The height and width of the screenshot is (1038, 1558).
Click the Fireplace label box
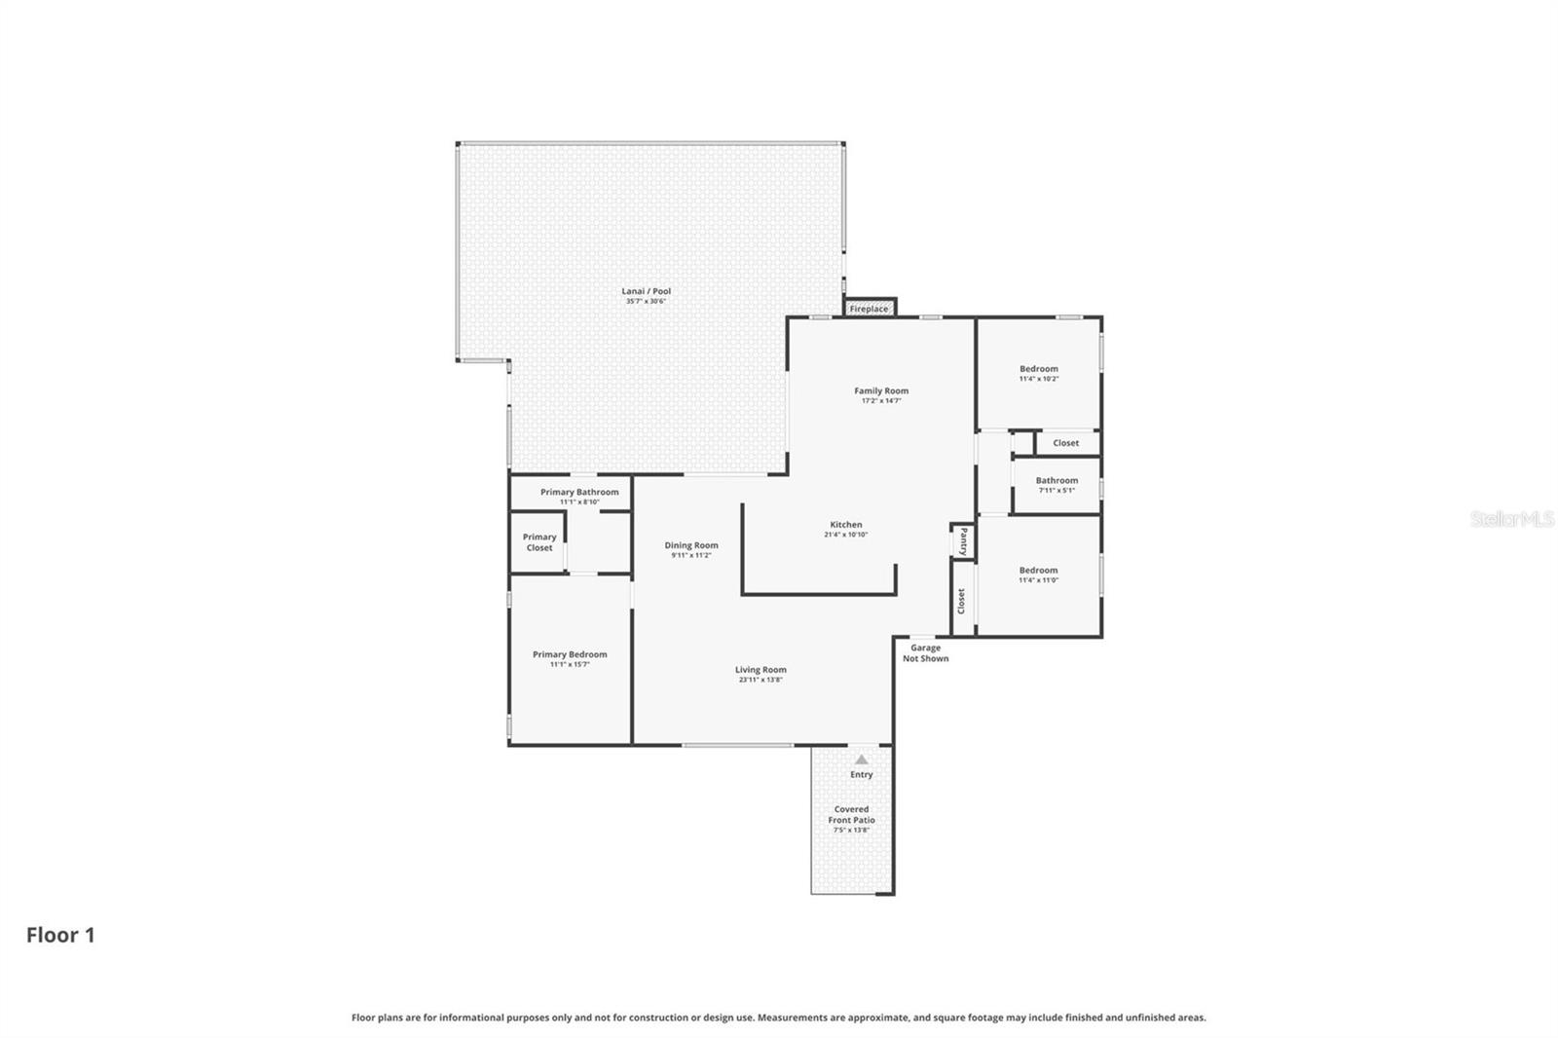tap(869, 309)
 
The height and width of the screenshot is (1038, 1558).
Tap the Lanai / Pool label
tap(647, 291)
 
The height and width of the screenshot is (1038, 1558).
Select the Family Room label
tap(881, 390)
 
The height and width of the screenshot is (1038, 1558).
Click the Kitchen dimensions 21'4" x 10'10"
tap(845, 535)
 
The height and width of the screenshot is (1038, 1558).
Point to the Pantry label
tap(963, 540)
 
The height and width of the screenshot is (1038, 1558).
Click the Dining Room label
tap(691, 545)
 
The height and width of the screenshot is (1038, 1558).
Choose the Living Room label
tap(760, 670)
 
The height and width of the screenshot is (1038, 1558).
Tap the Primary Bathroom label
tap(579, 492)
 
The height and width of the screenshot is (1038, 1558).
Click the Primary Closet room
tap(539, 542)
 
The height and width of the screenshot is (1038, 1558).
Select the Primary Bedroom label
tap(570, 654)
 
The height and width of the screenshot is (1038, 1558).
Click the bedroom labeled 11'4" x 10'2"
tap(1039, 373)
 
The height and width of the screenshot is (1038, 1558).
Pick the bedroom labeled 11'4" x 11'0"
tap(1038, 575)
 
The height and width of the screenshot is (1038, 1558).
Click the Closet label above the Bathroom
tap(1065, 443)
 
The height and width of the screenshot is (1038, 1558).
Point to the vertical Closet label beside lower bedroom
tap(961, 601)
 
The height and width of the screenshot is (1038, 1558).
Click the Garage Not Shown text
tap(925, 653)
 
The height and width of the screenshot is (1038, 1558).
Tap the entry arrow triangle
tap(861, 760)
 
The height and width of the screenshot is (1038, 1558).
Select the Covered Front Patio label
tap(851, 815)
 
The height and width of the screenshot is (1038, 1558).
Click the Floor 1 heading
tap(60, 935)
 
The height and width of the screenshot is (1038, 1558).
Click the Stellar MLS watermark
tap(1511, 519)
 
